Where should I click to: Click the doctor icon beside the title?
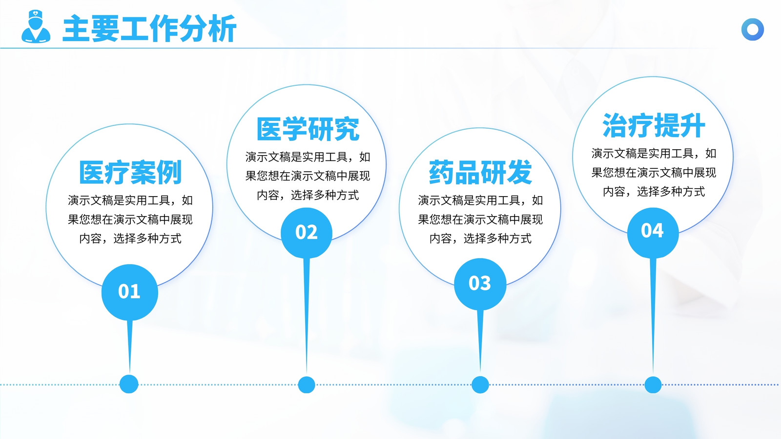[x=36, y=26]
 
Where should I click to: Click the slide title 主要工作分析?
[x=149, y=29]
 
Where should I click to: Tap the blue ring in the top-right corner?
[x=752, y=29]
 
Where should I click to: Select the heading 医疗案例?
[x=130, y=172]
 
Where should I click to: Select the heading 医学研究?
[x=308, y=129]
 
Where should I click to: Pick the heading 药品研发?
[x=480, y=172]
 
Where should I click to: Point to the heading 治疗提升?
[x=654, y=125]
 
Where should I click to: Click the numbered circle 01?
[x=130, y=292]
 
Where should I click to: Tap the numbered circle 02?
[x=307, y=233]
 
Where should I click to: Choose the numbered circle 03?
[x=480, y=284]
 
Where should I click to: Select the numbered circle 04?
[x=653, y=233]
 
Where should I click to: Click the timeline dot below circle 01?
[x=129, y=384]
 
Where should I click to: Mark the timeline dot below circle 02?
[x=307, y=385]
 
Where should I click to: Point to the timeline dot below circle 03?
[x=480, y=385]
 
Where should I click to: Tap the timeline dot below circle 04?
[x=653, y=385]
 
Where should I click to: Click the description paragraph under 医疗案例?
[x=130, y=219]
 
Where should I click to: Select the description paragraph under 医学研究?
[x=308, y=176]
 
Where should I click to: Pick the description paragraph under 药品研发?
[x=480, y=219]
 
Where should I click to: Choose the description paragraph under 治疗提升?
[x=654, y=173]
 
